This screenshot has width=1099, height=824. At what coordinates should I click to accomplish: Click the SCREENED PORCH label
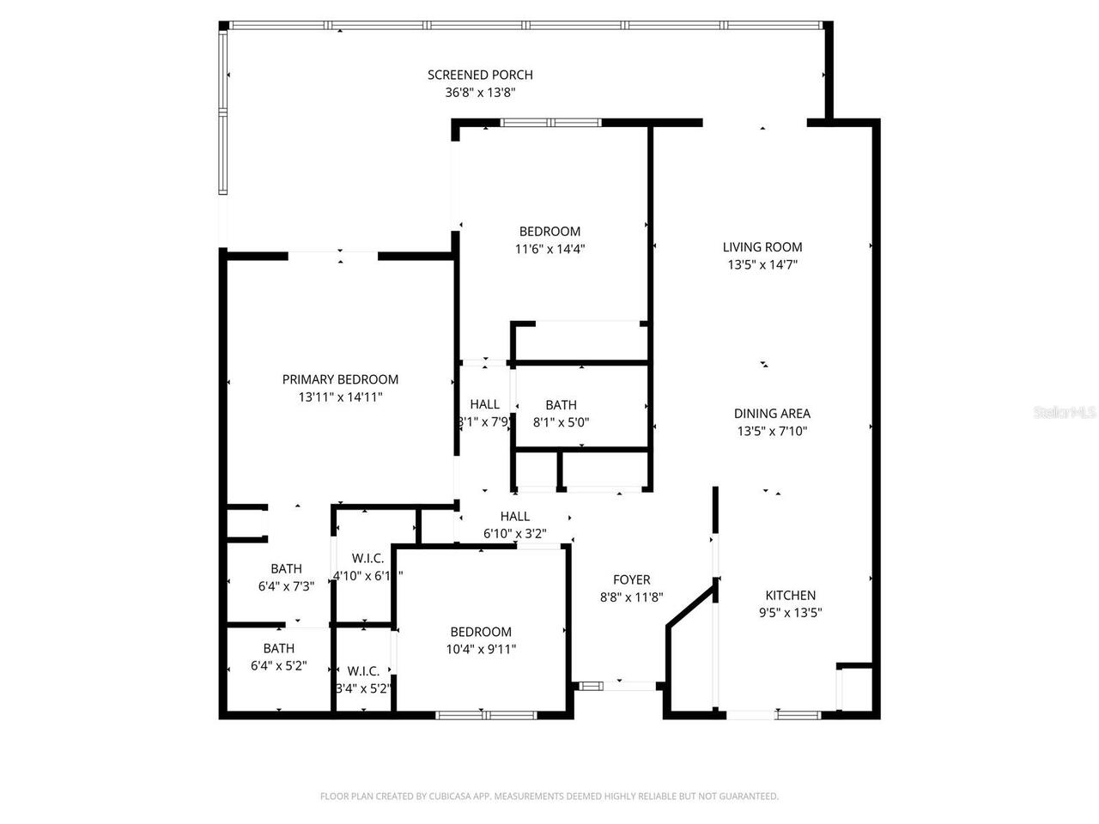480,75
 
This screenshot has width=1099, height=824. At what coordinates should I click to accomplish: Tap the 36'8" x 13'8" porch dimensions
480,94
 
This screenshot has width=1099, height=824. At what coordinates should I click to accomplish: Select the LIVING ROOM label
762,247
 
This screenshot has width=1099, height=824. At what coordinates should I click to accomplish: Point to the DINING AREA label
772,414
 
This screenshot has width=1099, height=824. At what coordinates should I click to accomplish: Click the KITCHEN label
791,595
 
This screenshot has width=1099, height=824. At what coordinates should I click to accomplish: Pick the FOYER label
631,579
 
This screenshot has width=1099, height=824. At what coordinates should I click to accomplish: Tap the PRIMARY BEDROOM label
340,379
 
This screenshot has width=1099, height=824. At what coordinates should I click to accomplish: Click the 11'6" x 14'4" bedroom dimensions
549,250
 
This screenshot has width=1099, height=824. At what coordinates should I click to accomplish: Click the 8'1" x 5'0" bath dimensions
561,422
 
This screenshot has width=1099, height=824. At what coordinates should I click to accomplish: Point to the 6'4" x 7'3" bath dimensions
286,586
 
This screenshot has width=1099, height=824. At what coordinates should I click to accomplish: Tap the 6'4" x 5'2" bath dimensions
279,666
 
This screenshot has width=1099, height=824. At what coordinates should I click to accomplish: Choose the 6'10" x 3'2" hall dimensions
515,534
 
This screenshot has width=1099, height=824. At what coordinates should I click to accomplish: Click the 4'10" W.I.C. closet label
367,558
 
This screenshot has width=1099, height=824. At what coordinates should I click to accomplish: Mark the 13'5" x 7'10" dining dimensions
772,432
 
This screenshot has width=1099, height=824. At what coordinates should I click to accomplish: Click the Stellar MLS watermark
1065,412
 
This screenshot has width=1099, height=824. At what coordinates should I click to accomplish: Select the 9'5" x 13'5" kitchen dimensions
791,613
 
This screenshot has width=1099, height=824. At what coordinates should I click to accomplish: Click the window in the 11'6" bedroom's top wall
551,123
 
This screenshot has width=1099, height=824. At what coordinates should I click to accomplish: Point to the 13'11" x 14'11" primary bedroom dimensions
340,397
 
